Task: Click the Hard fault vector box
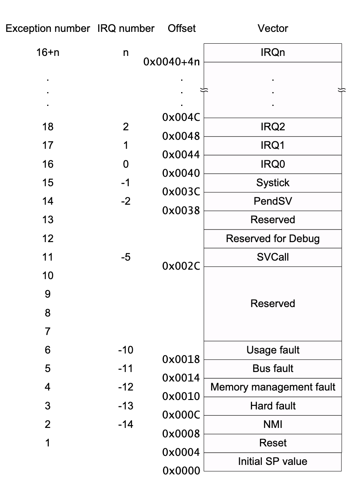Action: (273, 406)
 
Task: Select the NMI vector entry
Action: (273, 424)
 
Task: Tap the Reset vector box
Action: (273, 443)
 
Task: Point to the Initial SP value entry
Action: (273, 461)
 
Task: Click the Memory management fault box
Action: (273, 387)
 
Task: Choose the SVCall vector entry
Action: (273, 257)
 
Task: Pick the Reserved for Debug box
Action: (273, 239)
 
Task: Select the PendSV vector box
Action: (273, 201)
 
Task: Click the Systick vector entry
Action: (273, 183)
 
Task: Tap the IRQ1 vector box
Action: (273, 145)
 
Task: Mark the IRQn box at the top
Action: (273, 52)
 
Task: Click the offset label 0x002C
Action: (181, 267)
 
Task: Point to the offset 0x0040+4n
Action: (171, 62)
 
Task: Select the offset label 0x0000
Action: (181, 470)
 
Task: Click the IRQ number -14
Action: (126, 424)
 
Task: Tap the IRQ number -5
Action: (126, 257)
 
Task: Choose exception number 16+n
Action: (48, 52)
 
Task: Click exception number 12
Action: (48, 239)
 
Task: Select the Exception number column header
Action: (48, 28)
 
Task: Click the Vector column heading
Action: (273, 28)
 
